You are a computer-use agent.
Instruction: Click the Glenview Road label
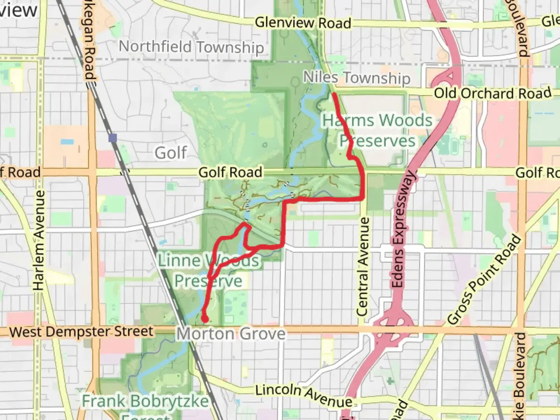pos(303,23)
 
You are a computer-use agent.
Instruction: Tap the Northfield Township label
pos(191,47)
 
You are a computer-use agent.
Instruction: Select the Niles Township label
pos(356,77)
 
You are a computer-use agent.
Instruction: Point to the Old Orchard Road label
pos(492,93)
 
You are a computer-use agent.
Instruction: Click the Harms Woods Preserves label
pos(377,130)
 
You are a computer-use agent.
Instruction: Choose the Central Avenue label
pos(362,267)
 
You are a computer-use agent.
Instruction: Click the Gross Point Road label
pos(484,279)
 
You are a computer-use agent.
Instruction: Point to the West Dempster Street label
pos(81,332)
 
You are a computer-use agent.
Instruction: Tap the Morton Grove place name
pos(231,334)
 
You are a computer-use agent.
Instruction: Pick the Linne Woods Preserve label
pos(208,270)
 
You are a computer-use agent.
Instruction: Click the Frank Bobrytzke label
pos(145,401)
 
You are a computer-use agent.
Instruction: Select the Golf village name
pos(171,152)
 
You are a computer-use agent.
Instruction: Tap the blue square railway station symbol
pos(113,138)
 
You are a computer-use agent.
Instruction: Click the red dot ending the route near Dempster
pos(205,319)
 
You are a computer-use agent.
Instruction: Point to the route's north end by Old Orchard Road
pos(334,94)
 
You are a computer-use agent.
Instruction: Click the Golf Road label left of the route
pos(230,172)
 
